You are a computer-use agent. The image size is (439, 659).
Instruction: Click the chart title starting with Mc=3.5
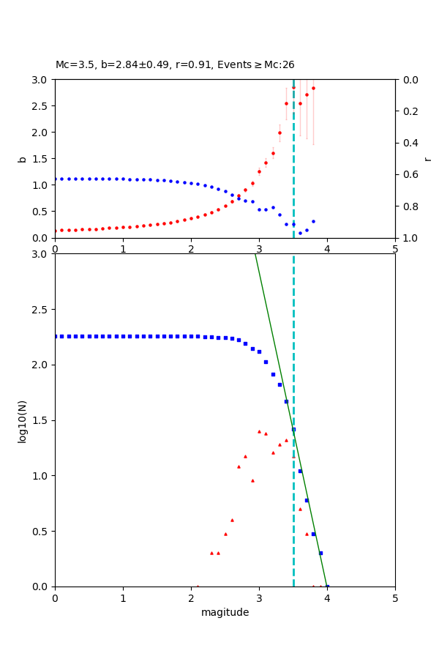point(175,65)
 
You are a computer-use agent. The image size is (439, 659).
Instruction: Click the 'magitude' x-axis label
point(225,612)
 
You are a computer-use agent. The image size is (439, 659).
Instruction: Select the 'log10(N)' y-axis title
point(22,420)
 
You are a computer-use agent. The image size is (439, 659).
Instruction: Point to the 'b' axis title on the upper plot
point(22,159)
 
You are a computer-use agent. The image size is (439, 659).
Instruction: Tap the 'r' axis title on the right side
point(427,159)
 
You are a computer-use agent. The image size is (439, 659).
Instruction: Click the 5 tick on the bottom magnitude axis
point(395,597)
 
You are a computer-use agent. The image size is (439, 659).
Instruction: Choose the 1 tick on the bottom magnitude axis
point(123,597)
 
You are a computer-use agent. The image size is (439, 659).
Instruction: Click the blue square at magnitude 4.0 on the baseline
point(327,586)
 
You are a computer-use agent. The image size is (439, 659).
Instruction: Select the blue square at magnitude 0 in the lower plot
point(56,336)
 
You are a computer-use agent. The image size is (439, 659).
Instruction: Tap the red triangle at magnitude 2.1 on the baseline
point(198,586)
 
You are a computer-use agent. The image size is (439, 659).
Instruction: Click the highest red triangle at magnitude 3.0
point(259,431)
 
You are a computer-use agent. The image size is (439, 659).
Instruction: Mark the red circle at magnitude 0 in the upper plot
point(56,231)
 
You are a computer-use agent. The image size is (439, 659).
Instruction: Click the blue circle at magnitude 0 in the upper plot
point(56,179)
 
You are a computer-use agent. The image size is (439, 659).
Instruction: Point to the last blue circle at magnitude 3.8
point(313,221)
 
